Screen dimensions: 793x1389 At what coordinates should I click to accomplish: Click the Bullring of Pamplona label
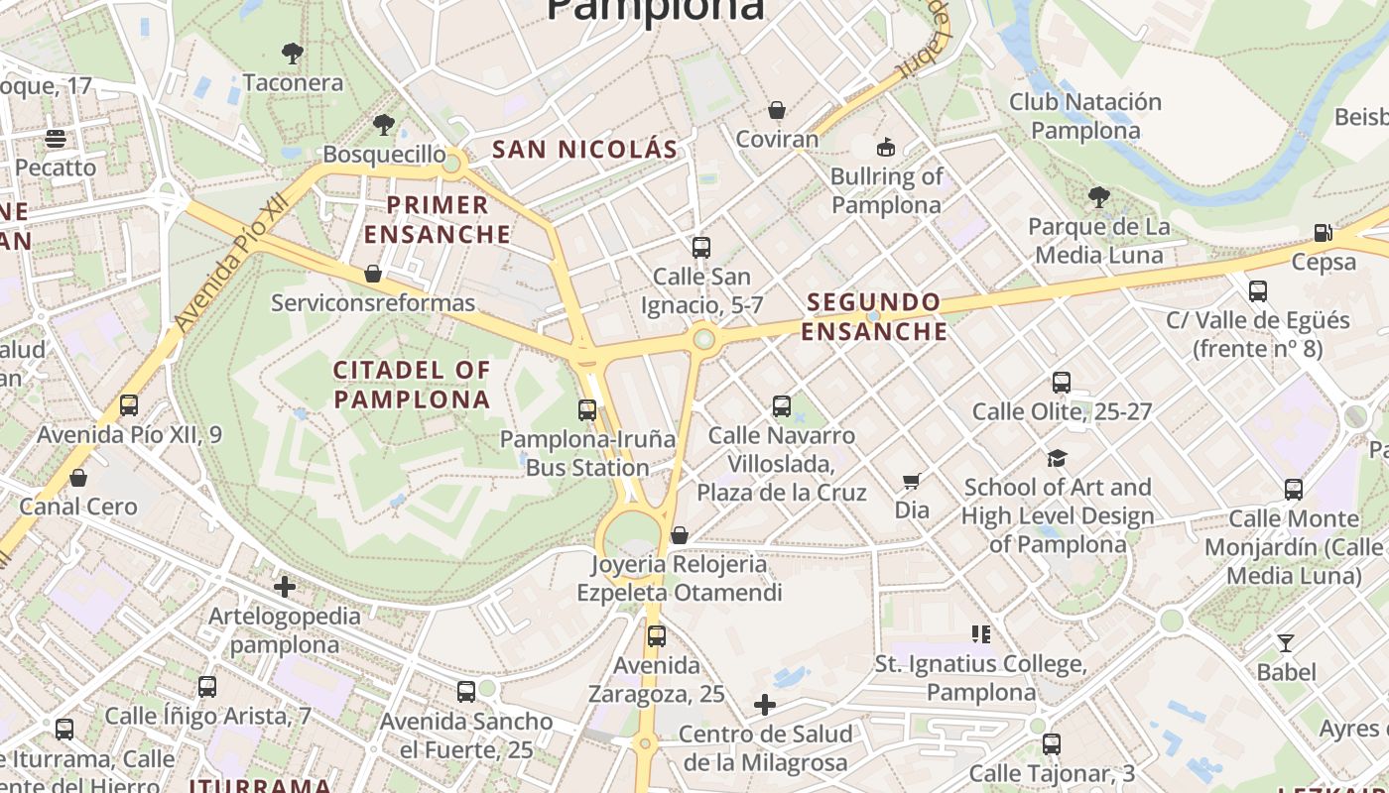[886, 190]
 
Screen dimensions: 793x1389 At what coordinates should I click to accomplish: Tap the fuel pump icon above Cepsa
[1323, 233]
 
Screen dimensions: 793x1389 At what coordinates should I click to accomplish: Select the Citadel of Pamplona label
[412, 385]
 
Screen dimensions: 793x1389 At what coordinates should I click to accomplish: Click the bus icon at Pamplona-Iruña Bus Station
[587, 409]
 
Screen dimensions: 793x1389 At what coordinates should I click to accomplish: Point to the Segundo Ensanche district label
[874, 317]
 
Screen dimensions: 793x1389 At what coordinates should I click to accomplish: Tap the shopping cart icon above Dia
[912, 482]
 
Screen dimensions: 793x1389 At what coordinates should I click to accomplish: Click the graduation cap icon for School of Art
[1057, 458]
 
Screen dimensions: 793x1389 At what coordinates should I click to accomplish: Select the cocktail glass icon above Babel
[1286, 642]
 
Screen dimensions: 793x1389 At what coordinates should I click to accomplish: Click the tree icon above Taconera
[293, 53]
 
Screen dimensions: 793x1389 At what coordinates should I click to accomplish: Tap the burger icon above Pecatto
[56, 138]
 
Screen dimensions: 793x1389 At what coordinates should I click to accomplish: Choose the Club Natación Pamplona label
[1084, 116]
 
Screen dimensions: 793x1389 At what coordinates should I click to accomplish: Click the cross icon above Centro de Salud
[764, 705]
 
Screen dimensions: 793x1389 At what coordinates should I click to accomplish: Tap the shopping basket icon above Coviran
[777, 109]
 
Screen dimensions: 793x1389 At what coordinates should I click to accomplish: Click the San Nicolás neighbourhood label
[585, 150]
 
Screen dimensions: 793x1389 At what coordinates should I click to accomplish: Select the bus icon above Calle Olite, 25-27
[1062, 382]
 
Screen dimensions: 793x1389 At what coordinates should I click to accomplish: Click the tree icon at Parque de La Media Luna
[1098, 197]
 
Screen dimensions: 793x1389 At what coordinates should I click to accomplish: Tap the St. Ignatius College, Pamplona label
[980, 677]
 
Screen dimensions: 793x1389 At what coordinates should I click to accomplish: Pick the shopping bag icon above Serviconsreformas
[373, 273]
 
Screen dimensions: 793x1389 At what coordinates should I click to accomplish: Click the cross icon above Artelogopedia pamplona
[285, 587]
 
